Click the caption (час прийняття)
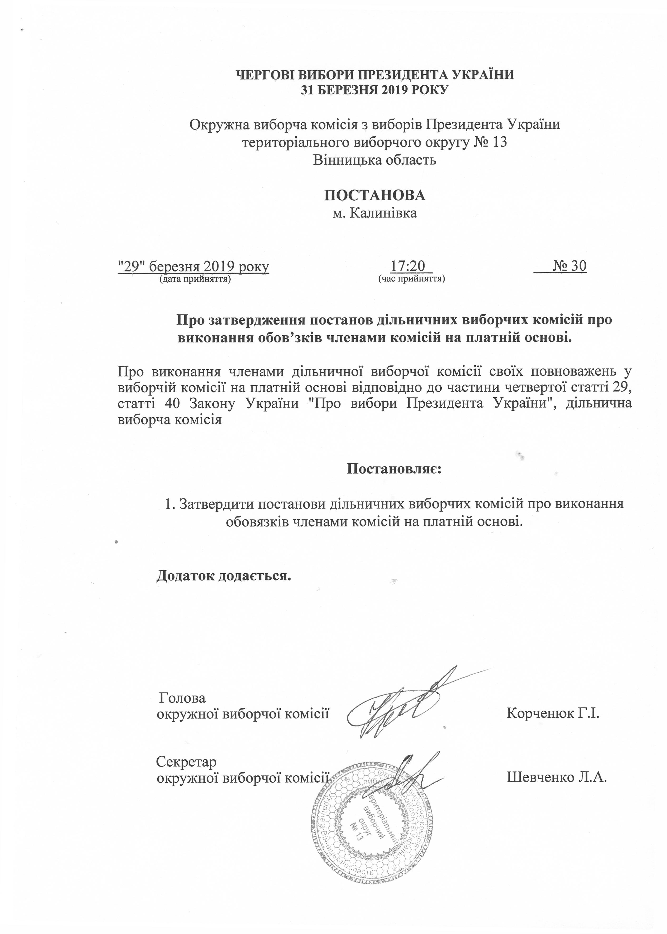[x=412, y=279]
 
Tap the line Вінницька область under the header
[x=374, y=160]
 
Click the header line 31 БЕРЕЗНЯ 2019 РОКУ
[x=374, y=90]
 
